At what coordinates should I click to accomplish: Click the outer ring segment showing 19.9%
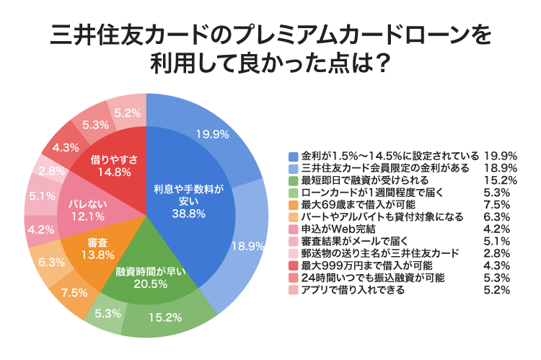point(209,133)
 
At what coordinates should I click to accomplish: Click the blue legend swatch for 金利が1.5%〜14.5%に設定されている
point(292,157)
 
